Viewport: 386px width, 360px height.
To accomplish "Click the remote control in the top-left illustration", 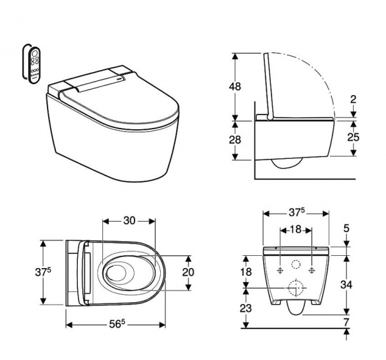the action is [34, 65].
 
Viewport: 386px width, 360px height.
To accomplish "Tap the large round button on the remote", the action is [35, 53].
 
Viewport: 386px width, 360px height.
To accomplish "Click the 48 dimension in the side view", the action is [235, 87].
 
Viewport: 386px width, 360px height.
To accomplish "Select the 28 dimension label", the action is [235, 139].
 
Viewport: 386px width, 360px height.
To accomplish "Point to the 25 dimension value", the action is [353, 137].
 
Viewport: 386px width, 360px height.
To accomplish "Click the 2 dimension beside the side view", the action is [353, 100].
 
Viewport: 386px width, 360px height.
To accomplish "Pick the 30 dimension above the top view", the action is [129, 221].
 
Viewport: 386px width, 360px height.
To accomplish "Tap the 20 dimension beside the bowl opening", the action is [188, 272].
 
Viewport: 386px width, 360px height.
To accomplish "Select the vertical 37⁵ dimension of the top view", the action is [43, 272].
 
